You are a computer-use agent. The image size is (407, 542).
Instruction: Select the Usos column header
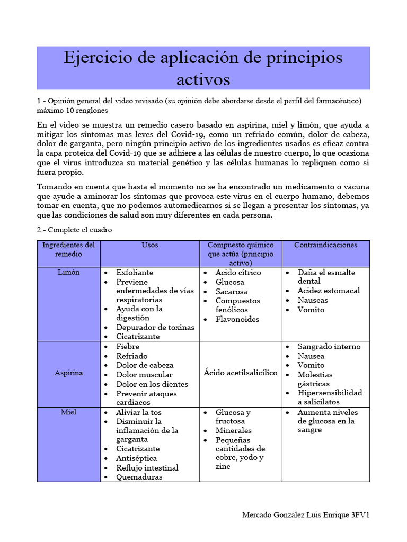pyautogui.click(x=150, y=245)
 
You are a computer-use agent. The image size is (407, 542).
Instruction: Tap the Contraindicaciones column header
pyautogui.click(x=325, y=245)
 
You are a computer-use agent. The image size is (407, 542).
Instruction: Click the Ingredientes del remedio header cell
pyautogui.click(x=68, y=249)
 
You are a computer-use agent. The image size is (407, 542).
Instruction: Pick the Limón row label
pyautogui.click(x=68, y=272)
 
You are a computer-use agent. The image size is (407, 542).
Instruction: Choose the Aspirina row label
pyautogui.click(x=68, y=373)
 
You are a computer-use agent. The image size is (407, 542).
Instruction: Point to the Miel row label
pyautogui.click(x=68, y=412)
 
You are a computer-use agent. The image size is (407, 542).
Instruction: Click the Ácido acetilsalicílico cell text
pyautogui.click(x=240, y=373)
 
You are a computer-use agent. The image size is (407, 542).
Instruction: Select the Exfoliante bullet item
pyautogui.click(x=135, y=273)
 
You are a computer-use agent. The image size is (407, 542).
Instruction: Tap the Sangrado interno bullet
pyautogui.click(x=329, y=347)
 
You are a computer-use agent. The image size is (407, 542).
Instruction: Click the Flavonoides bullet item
pyautogui.click(x=237, y=319)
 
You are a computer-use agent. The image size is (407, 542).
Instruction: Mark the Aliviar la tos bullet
pyautogui.click(x=139, y=412)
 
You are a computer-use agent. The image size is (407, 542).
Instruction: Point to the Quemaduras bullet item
pyautogui.click(x=139, y=477)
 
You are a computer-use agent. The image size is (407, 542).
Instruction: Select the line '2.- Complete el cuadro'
pyautogui.click(x=74, y=230)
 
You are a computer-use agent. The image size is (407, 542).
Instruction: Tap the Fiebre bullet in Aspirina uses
pyautogui.click(x=128, y=347)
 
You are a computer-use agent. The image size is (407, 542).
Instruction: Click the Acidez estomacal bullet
pyautogui.click(x=328, y=291)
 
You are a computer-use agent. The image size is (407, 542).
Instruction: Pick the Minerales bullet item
pyautogui.click(x=233, y=431)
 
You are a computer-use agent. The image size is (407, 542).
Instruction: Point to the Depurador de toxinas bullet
pyautogui.click(x=155, y=327)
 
